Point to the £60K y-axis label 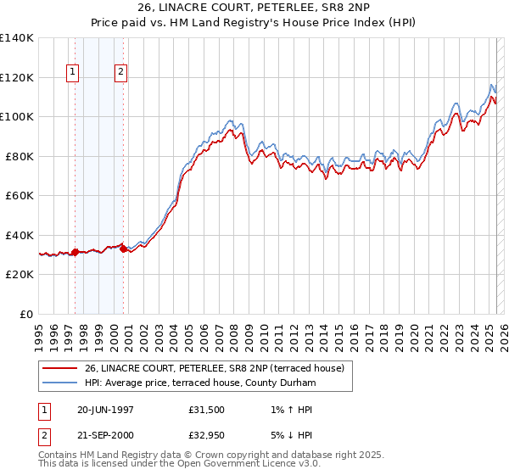pos(19,195)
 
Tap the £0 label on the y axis pos(27,314)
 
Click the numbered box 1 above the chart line pos(73,73)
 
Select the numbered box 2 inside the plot pos(121,73)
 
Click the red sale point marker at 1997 pos(75,252)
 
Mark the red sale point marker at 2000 pos(124,249)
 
